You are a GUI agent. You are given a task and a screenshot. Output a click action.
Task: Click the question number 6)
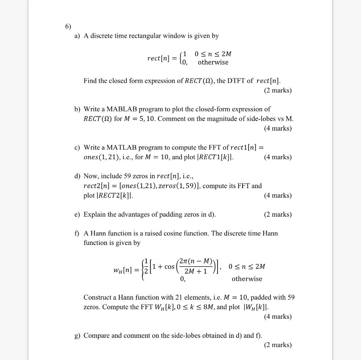pyautogui.click(x=68, y=26)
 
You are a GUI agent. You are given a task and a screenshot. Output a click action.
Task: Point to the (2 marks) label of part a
pyautogui.click(x=278, y=90)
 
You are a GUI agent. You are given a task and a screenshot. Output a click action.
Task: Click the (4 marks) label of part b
pyautogui.click(x=278, y=128)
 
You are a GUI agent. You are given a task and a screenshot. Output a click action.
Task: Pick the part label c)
pyautogui.click(x=77, y=148)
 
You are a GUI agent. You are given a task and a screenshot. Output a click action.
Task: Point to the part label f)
pyautogui.click(x=77, y=233)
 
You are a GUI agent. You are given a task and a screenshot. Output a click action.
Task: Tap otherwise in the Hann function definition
pyautogui.click(x=247, y=279)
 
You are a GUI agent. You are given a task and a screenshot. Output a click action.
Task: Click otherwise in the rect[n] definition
pyautogui.click(x=213, y=62)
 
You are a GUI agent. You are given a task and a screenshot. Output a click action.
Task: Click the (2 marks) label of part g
pyautogui.click(x=278, y=345)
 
